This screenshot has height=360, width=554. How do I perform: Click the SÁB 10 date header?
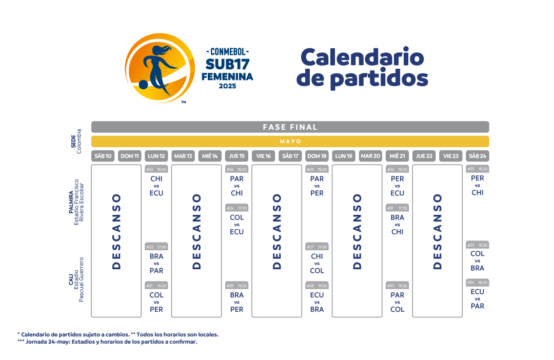(x=103, y=156)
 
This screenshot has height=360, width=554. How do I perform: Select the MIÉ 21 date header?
(x=398, y=156)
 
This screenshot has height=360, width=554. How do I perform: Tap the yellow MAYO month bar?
(x=290, y=141)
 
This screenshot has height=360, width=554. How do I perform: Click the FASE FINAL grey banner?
(x=290, y=127)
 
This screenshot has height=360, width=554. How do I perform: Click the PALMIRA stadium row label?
(x=76, y=202)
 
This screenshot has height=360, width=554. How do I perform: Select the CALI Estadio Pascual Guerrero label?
(x=76, y=279)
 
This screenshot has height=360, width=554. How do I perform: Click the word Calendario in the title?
(x=362, y=57)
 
